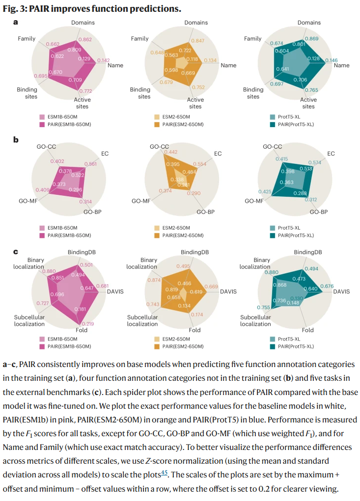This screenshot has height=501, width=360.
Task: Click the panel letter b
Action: [x=16, y=139]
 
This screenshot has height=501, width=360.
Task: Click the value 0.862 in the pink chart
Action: [x=85, y=39]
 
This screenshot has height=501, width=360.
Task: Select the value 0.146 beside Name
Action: [x=332, y=60]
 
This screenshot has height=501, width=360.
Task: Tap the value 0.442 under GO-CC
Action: [x=171, y=152]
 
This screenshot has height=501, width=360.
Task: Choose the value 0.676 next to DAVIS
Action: [x=327, y=286]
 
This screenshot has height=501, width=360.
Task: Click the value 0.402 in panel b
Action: [x=57, y=161]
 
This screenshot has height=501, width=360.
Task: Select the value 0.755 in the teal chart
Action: [x=264, y=308]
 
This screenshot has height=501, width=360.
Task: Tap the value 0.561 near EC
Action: [x=90, y=164]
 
